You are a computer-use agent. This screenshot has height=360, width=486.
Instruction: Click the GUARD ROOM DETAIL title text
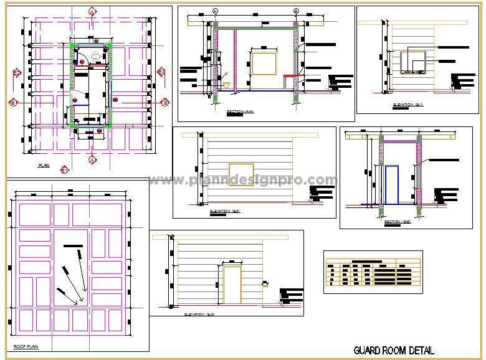(394, 351)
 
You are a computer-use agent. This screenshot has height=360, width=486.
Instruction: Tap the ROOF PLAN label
(26, 346)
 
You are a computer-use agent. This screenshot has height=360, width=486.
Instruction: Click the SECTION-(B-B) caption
(398, 222)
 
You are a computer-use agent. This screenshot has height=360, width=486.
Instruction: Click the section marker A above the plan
(92, 12)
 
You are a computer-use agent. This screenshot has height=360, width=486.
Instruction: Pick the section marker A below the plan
(92, 159)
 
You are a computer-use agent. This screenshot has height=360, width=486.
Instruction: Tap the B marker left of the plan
(12, 102)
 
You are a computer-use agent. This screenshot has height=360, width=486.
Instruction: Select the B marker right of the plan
(165, 102)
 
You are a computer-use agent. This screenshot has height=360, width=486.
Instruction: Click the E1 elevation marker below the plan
(64, 169)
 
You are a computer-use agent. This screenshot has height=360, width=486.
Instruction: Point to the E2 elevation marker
(17, 73)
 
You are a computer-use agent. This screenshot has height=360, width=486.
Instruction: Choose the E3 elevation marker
(161, 72)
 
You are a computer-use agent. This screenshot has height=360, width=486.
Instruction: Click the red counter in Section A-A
(290, 76)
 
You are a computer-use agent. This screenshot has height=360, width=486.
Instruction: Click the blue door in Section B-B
(392, 184)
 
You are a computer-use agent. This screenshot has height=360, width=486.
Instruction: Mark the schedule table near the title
(373, 272)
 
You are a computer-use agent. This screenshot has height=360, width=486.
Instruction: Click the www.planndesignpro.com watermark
(243, 180)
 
